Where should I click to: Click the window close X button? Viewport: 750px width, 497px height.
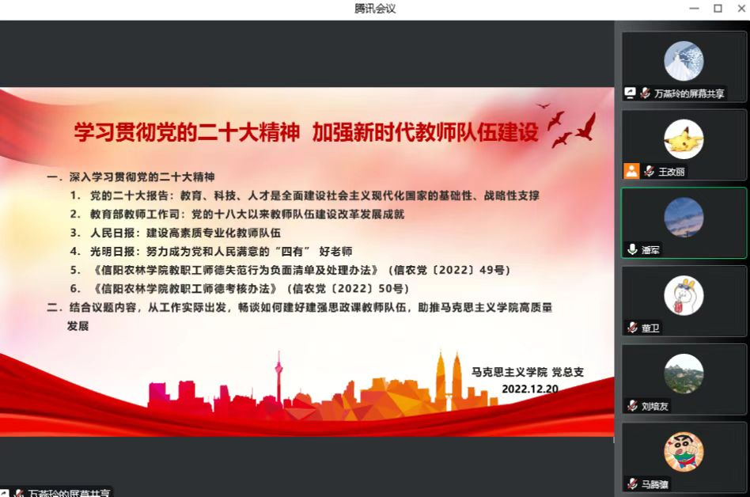point(741,8)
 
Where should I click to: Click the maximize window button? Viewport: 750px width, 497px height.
point(718,8)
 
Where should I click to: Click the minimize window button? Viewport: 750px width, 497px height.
point(694,9)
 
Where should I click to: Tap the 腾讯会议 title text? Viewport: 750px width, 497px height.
point(375,9)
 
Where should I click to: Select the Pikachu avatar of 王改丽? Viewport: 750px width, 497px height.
point(684,139)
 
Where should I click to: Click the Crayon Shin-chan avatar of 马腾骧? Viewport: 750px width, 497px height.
point(684,452)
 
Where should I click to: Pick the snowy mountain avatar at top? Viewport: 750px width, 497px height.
point(684,61)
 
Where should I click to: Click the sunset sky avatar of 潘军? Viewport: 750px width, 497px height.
point(684,217)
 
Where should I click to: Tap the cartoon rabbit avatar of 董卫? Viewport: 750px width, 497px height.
point(684,295)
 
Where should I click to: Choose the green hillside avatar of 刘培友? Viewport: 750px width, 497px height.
point(684,374)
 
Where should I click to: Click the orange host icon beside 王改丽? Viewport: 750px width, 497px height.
point(631,171)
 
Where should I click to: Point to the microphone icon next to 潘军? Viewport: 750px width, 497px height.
point(632,249)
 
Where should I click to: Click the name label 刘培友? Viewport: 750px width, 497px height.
point(655,407)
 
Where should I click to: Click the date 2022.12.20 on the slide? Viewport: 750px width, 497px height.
point(530,389)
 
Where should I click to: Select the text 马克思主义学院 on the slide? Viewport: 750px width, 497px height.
point(509,372)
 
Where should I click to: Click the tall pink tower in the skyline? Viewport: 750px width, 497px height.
point(278,377)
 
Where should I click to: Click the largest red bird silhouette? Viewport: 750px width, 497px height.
point(586,127)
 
